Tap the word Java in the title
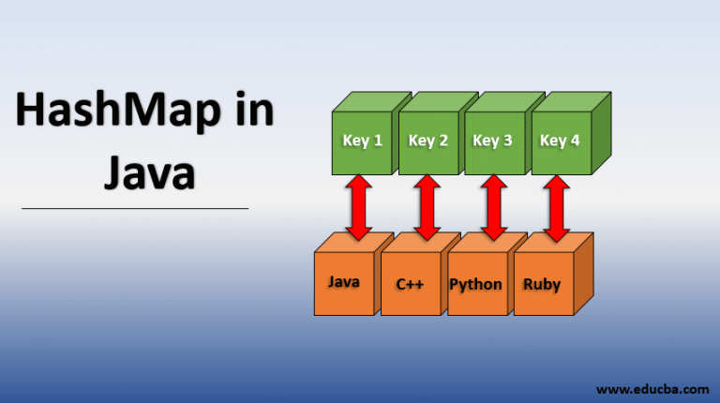(148, 173)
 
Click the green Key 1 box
(363, 142)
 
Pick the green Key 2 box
(429, 142)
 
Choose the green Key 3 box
(493, 142)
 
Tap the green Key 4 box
(561, 142)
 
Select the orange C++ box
(410, 284)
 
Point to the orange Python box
(476, 284)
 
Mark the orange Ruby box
(542, 284)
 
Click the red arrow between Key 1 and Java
(359, 208)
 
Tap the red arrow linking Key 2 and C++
(427, 208)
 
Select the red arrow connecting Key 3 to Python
(492, 208)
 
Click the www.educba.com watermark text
(652, 386)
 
